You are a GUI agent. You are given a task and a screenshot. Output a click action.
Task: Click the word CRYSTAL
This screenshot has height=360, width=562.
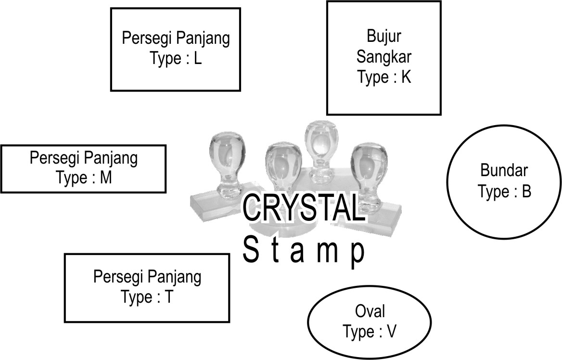pyautogui.click(x=302, y=208)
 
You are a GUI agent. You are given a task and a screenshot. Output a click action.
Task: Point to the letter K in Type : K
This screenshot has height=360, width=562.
pyautogui.click(x=407, y=77)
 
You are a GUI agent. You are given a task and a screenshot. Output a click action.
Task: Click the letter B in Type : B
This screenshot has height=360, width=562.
pyautogui.click(x=526, y=192)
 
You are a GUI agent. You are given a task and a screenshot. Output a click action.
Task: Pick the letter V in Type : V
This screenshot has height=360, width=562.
pyautogui.click(x=391, y=332)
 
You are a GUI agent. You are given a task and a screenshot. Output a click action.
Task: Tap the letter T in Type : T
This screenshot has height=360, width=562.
pyautogui.click(x=168, y=297)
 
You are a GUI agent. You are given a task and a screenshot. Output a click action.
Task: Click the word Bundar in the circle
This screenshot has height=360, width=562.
pyautogui.click(x=504, y=170)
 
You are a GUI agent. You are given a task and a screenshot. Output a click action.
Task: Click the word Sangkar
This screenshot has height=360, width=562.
pyautogui.click(x=383, y=57)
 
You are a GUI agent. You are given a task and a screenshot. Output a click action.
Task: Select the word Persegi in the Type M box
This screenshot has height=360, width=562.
pyautogui.click(x=54, y=158)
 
